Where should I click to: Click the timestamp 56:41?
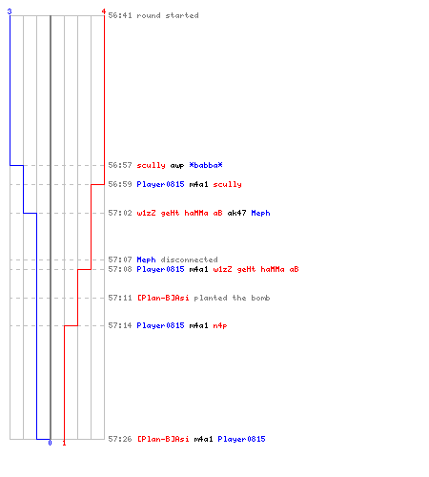pos(120,15)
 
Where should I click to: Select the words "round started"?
pos(168,15)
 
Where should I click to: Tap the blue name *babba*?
pos(206,165)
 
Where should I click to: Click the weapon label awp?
pos(177,166)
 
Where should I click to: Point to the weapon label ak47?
pos(236,213)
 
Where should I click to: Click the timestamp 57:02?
pos(120,213)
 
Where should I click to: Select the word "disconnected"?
pos(189,259)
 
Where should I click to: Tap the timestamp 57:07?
pos(120,259)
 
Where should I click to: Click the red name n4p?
pos(220,325)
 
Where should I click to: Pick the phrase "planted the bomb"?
pos(232,298)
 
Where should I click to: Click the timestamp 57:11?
pos(120,298)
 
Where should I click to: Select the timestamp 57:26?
pos(120,439)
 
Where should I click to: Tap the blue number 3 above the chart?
pos(10,11)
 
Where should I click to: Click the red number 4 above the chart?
pos(104,11)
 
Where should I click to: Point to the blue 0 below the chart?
pos(50,443)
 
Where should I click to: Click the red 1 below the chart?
pos(64,443)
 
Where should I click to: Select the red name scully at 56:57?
pos(151,165)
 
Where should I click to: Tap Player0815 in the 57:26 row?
pos(241,439)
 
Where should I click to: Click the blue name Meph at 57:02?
pos(260,213)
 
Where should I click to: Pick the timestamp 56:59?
pos(120,184)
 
